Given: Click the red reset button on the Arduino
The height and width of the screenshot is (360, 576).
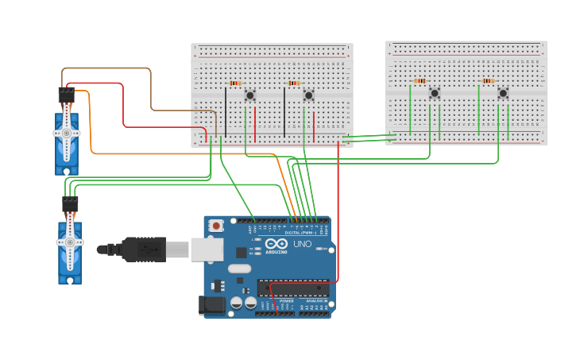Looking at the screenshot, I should [x=216, y=226].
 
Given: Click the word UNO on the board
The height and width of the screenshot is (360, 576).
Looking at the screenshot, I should [x=303, y=244].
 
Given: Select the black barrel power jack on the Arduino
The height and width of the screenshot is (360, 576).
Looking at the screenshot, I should [x=211, y=304].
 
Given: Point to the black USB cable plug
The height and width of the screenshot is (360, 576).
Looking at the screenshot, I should [x=143, y=249].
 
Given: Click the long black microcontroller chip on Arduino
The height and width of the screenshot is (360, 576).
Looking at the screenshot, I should [x=291, y=287].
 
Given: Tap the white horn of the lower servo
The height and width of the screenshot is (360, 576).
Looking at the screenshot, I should [x=70, y=242].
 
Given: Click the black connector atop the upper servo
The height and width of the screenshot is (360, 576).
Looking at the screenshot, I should [x=66, y=95].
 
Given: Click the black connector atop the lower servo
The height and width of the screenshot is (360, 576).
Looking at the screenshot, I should [x=70, y=203].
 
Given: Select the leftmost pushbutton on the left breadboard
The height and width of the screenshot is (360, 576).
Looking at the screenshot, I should [x=250, y=95].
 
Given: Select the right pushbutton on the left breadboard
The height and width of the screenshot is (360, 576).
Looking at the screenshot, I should [x=308, y=95].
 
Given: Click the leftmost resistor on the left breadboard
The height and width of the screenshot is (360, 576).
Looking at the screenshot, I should [x=234, y=83].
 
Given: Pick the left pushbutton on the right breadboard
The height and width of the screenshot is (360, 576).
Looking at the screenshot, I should [x=435, y=93].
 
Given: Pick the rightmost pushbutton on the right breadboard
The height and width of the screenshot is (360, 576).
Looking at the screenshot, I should [x=503, y=93].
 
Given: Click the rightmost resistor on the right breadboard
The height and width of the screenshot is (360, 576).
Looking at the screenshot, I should [x=487, y=80].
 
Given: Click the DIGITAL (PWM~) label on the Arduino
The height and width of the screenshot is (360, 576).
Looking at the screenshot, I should [x=299, y=232].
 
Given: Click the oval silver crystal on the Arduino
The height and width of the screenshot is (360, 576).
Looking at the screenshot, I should [x=239, y=269].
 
